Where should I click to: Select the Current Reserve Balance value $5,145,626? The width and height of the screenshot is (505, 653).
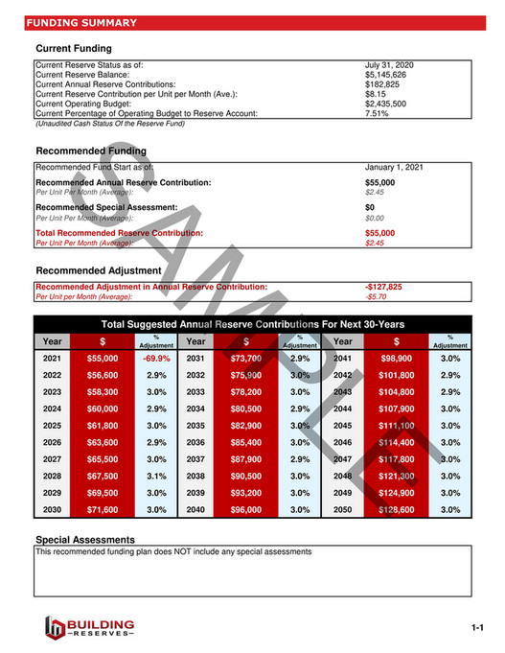385,75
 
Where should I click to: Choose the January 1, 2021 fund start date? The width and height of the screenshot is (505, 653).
394,167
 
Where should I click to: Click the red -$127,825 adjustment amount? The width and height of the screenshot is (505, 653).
383,287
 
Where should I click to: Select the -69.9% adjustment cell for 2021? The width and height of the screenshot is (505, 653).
156,358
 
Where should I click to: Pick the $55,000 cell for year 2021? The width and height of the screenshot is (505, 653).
103,358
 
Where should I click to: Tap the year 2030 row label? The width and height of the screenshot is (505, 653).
52,510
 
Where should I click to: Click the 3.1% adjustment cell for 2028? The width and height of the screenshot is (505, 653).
156,476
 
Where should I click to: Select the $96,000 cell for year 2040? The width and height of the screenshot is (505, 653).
247,510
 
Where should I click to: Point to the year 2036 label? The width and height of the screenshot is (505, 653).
196,442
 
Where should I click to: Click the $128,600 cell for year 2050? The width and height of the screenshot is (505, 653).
396,510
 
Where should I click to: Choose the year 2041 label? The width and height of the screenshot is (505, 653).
342,358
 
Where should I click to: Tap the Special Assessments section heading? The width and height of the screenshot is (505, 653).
85,540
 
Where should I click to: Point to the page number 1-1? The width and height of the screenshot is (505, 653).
479,628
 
